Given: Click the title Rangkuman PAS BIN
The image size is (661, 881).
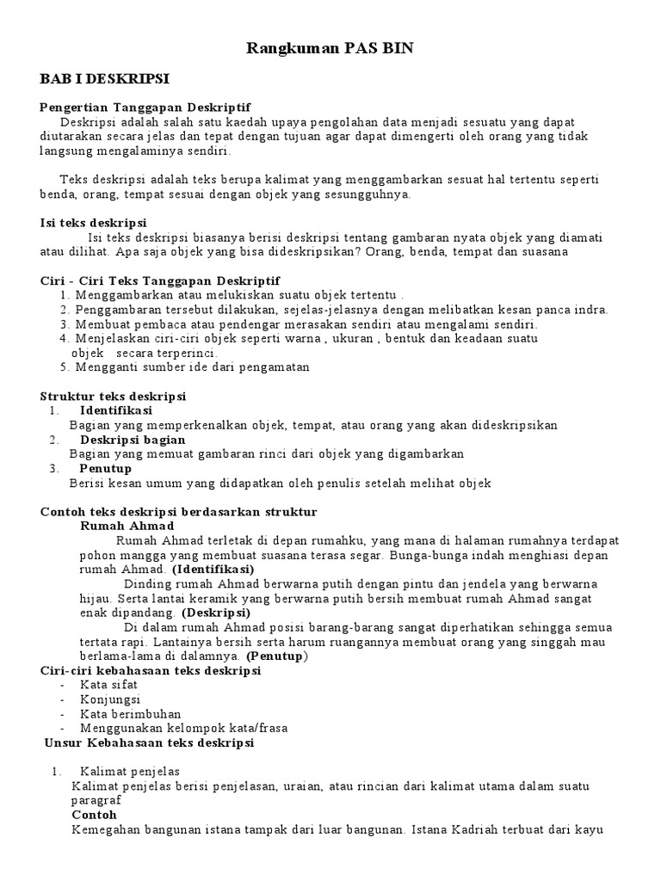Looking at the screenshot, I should [330, 49].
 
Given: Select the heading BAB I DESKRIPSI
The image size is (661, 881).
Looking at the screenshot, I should [105, 79].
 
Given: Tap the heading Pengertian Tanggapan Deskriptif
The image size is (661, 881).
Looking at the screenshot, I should [145, 108].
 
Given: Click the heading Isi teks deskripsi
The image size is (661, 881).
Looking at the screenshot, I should [94, 223].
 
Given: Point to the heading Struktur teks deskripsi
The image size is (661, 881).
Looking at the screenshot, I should [114, 396].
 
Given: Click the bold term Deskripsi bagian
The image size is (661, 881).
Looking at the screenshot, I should [133, 440].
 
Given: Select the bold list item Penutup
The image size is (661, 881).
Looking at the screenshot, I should [106, 469].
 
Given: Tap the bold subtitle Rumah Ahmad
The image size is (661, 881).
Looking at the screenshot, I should [127, 526].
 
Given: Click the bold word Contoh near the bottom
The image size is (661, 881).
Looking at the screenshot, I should [94, 815].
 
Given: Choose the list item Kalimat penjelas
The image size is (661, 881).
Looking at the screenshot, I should [130, 771].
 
